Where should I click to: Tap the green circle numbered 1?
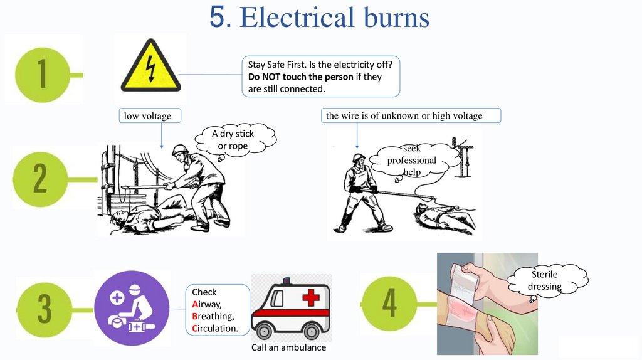42,74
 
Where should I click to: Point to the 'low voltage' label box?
145,116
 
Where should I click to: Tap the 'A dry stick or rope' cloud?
233,140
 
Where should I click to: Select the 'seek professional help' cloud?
411,161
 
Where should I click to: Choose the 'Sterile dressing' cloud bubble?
544,280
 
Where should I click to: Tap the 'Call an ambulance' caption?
288,347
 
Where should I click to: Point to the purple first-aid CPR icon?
132,308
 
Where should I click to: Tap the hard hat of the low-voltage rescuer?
180,150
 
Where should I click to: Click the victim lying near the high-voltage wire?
445,216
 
